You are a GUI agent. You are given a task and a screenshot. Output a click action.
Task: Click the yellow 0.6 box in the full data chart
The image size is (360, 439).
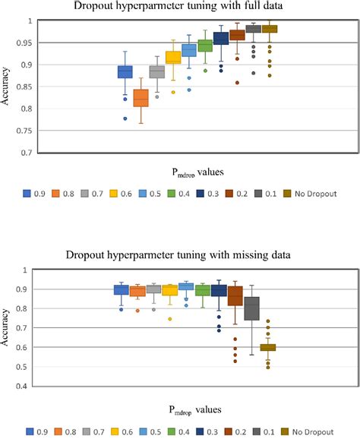coord(173,57)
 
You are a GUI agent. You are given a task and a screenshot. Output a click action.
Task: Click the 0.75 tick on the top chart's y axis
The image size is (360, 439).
coord(31,131)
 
